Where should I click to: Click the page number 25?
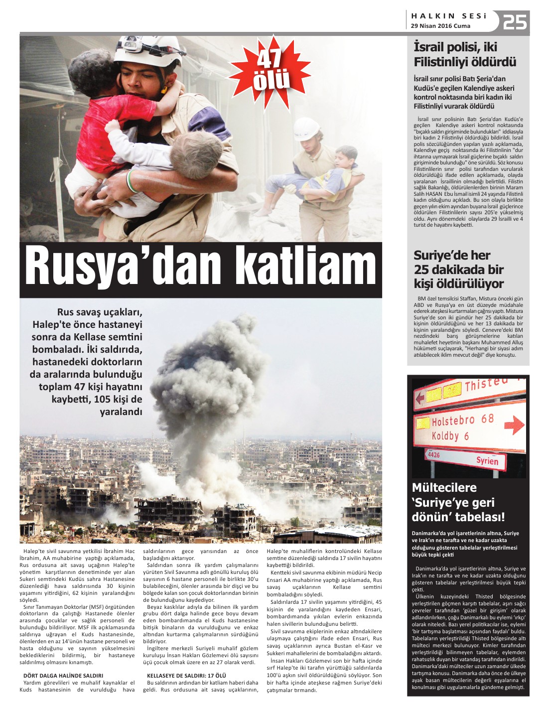click(515, 22)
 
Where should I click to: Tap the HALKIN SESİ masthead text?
click(448, 16)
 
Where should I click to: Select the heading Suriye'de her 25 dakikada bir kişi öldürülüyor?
click(458, 270)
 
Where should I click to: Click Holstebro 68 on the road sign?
click(462, 420)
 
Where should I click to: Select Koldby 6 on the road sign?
click(450, 436)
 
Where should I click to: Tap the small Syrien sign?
click(487, 460)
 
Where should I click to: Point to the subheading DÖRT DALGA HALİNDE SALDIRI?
click(63, 676)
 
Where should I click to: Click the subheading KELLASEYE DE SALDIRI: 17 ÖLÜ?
click(187, 676)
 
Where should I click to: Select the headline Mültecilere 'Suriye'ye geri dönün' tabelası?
click(458, 502)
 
